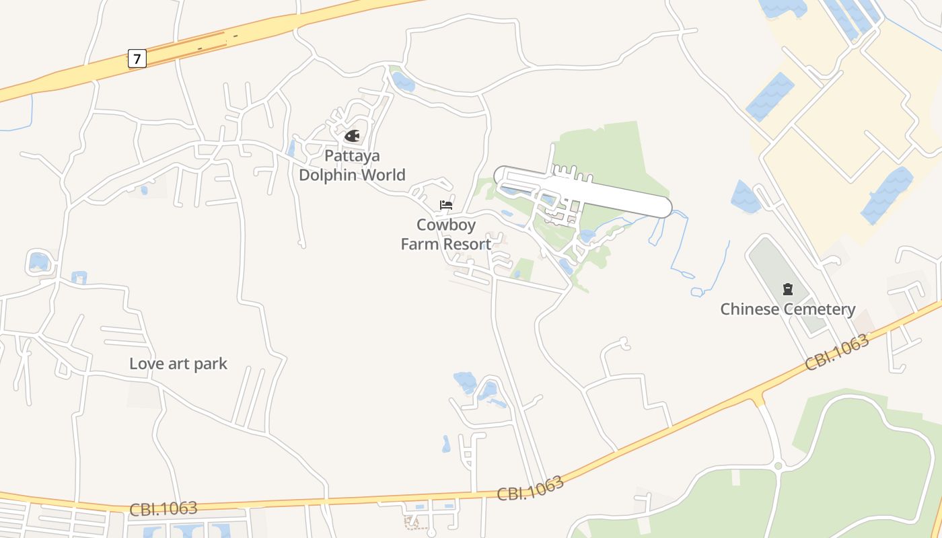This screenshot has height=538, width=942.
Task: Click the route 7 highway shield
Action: pos(137,59)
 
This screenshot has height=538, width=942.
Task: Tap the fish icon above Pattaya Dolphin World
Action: pos(352,136)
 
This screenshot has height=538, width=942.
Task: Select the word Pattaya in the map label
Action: pos(352,156)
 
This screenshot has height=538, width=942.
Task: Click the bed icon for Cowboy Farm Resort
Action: pos(445,205)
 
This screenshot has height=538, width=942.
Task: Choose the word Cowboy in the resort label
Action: pos(445,225)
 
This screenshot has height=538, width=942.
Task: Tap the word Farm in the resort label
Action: pos(419,244)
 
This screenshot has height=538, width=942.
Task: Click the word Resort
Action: pos(466,244)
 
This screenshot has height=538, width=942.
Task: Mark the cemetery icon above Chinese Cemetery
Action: pos(787,289)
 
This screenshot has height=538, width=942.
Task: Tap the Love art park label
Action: pos(178,364)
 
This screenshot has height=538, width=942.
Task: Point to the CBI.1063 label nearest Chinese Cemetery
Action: pos(837,352)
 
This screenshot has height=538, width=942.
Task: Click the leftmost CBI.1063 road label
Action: pos(164,508)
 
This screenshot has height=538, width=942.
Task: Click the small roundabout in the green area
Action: pos(778,465)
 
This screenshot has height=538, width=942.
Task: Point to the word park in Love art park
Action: pos(210,364)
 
